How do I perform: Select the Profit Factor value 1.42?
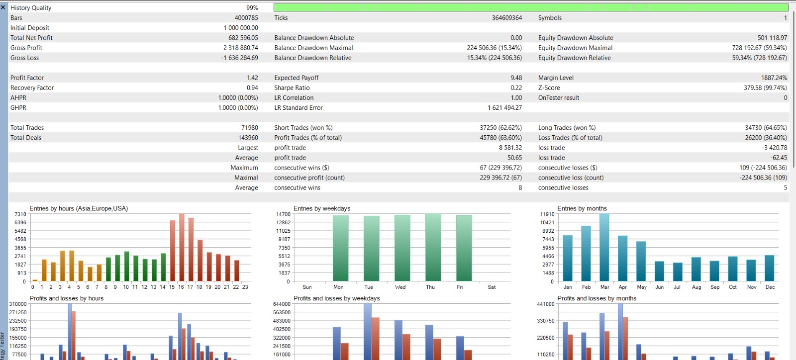252,78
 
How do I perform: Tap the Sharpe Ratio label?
292,88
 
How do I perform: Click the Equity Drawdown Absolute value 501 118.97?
772,38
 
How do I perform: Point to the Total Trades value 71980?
249,127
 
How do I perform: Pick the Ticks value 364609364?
507,18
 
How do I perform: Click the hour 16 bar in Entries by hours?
182,248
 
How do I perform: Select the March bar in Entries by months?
604,248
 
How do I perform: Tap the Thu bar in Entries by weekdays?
433,248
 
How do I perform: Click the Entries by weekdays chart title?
322,208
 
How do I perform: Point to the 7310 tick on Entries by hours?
20,214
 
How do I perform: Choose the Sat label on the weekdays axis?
492,287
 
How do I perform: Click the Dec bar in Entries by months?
769,268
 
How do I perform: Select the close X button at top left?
3,7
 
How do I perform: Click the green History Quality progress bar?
531,7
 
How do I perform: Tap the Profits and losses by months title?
597,298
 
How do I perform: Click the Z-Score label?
549,88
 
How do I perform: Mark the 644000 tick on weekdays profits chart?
282,304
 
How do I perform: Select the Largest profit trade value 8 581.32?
510,148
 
